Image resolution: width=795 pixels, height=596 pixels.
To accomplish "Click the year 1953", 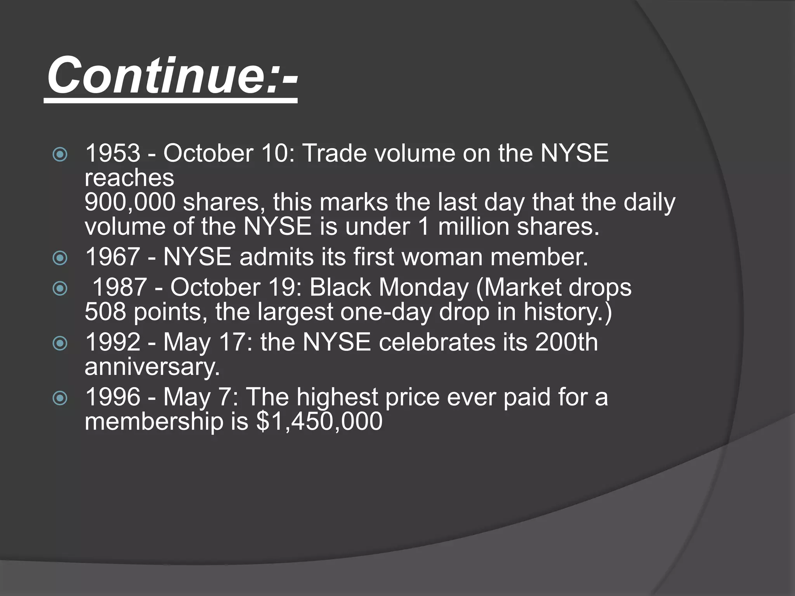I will click(113, 153).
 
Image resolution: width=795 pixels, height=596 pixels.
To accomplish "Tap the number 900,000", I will click(130, 202).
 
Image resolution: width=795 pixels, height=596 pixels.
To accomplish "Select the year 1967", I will click(113, 257).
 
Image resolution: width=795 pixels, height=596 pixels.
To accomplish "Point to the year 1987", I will click(120, 288).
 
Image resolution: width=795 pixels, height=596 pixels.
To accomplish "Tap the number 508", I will click(105, 312).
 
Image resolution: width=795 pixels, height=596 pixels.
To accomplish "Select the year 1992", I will click(113, 342).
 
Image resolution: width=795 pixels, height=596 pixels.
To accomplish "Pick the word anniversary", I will click(152, 367).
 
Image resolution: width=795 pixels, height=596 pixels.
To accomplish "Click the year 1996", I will click(113, 397).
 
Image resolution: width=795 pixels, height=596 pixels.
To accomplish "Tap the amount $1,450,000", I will click(319, 421).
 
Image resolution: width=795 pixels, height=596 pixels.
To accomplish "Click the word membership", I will click(154, 421).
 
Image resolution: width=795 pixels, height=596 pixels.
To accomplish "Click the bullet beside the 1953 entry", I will click(60, 155).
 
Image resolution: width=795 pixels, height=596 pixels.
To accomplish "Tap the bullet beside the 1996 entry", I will click(60, 398).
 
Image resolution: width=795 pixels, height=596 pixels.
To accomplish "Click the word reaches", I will click(129, 178).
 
